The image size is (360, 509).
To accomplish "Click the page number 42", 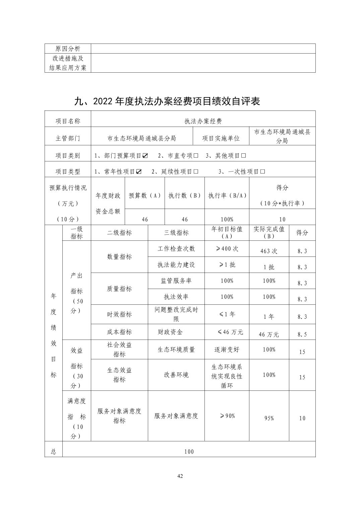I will tap(180, 476).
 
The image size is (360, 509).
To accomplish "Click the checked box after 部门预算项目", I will tap(145, 156).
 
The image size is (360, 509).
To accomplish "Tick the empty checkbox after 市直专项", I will tap(196, 156).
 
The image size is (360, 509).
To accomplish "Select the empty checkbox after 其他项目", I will tap(244, 156).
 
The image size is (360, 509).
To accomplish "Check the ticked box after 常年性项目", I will tap(139, 172).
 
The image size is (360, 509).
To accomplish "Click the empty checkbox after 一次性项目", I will tap(263, 172).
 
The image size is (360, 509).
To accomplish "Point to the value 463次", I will tap(269, 251).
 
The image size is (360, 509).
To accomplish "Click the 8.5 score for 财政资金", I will tap(302, 334).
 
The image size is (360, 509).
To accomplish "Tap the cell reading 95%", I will tap(269, 418).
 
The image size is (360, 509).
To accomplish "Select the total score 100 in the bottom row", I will tap(189, 452).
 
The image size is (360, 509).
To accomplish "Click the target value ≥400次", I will tap(227, 249).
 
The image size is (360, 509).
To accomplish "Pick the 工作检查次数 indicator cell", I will tap(176, 249).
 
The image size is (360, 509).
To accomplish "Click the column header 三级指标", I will tap(176, 233).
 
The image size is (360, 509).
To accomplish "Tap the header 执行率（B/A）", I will tap(227, 196).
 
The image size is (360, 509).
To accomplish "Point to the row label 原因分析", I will tap(68, 49).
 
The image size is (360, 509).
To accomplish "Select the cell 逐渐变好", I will tap(227, 350).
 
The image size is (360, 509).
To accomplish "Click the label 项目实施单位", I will tap(221, 138).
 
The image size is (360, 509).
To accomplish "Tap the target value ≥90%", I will tap(227, 416).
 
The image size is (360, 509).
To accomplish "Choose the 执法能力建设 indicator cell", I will tap(176, 265).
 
